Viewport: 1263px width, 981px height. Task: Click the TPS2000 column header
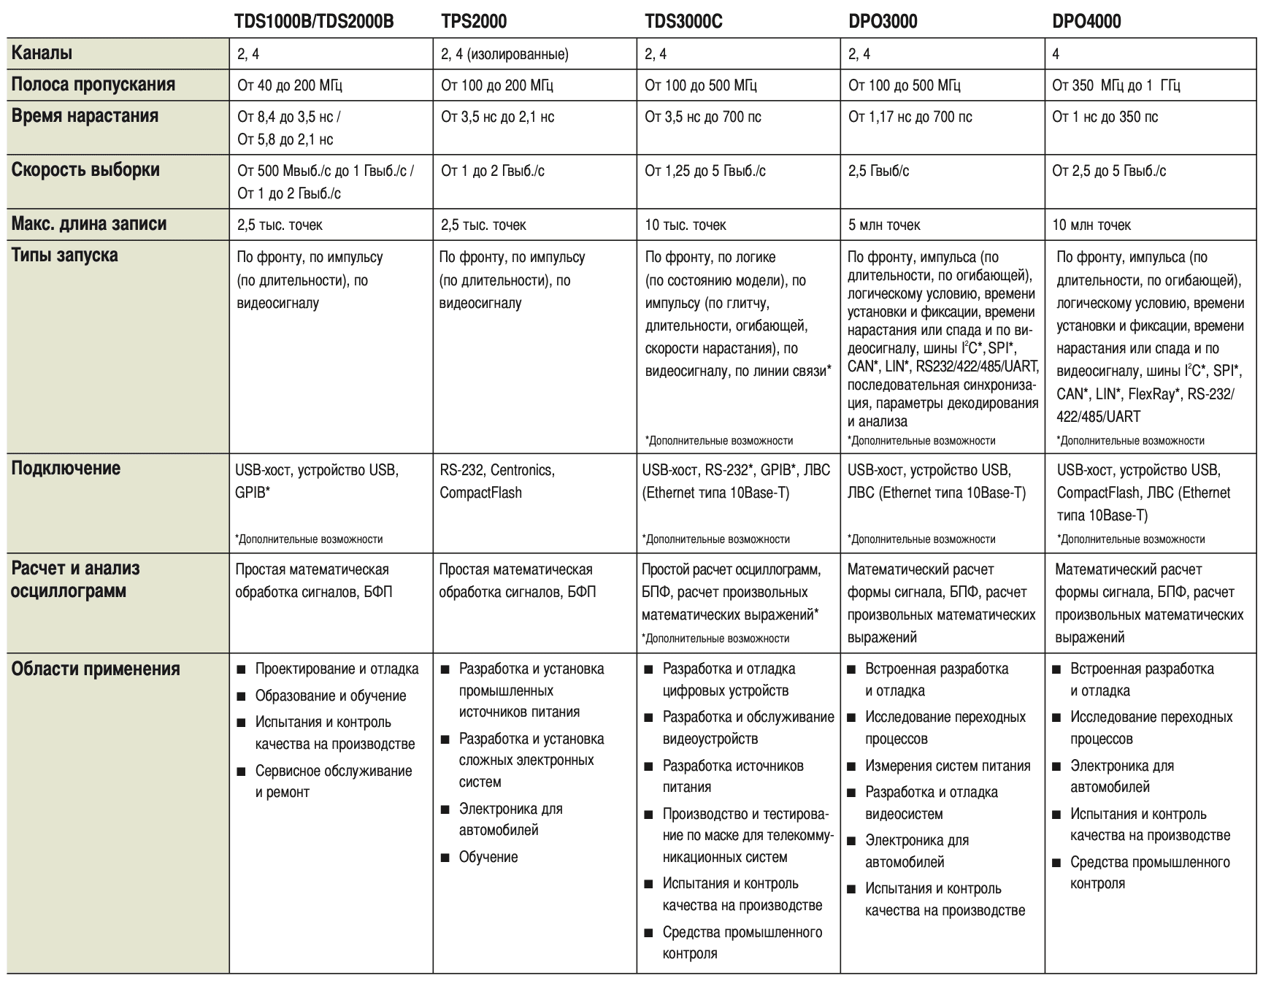click(474, 21)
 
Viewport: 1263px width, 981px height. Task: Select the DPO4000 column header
click(1086, 21)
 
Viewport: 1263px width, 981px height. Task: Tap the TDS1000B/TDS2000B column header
click(314, 21)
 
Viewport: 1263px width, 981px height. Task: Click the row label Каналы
click(42, 53)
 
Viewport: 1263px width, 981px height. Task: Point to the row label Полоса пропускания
click(93, 85)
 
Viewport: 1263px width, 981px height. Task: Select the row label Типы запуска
click(64, 255)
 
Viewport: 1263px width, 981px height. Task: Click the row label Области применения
click(95, 669)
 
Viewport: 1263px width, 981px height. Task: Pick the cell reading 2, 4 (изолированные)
click(504, 54)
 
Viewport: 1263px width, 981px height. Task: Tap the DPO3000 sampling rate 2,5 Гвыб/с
click(879, 171)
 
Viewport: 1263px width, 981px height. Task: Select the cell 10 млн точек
click(1091, 225)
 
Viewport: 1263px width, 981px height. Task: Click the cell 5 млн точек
click(884, 225)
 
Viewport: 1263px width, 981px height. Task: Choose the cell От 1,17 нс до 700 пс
click(910, 117)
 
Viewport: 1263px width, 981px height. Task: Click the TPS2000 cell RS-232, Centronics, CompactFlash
click(496, 481)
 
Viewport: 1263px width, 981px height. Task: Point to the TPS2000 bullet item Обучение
click(488, 857)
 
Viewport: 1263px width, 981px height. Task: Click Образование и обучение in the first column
click(330, 696)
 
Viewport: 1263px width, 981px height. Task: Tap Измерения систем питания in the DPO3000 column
click(948, 766)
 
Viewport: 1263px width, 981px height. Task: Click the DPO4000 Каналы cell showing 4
click(1056, 54)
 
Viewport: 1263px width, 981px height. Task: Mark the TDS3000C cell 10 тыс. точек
click(685, 225)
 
